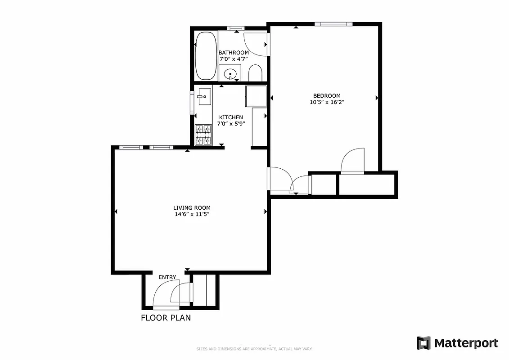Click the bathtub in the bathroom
(x=205, y=56)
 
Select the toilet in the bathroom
(x=255, y=73)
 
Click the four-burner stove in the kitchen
(x=203, y=135)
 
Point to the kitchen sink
(x=204, y=96)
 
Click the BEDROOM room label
(x=327, y=95)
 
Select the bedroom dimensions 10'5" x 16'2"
(x=327, y=102)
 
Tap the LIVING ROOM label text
(x=192, y=208)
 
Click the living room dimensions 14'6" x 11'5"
(x=192, y=214)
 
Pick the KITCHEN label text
(x=231, y=117)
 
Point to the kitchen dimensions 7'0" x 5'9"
(x=231, y=124)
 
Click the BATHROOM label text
(x=234, y=53)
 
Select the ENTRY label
(x=167, y=277)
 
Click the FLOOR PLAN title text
(x=166, y=318)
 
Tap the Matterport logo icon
(x=423, y=343)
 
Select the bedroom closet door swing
(x=352, y=161)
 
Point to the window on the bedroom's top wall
(x=333, y=24)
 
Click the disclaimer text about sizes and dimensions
(x=254, y=349)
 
